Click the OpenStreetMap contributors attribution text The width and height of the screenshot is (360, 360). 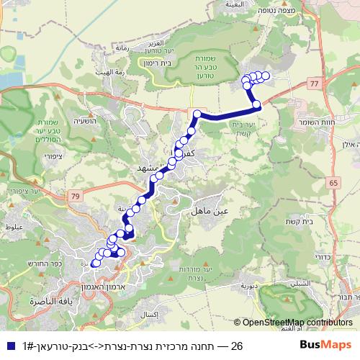point(297,323)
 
